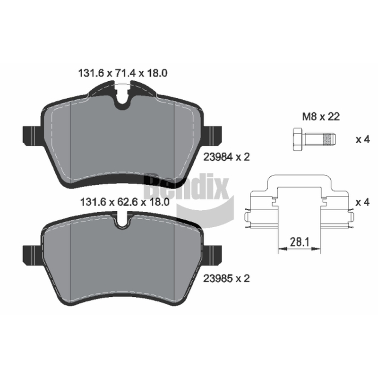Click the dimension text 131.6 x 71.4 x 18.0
tap(123, 73)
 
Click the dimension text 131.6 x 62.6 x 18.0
tap(124, 202)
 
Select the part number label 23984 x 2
tap(227, 157)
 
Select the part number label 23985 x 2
tap(227, 278)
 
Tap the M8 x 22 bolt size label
tap(321, 117)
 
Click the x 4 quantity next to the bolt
tap(363, 139)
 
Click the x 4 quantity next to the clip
tap(363, 202)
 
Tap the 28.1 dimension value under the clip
tap(300, 242)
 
